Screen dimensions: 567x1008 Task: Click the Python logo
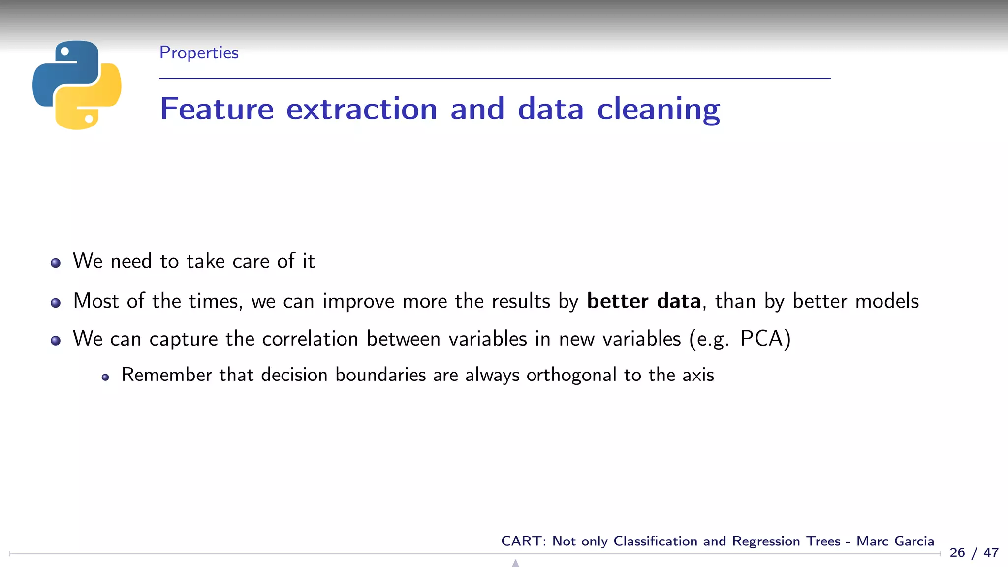(x=77, y=85)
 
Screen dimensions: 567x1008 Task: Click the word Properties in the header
(x=199, y=53)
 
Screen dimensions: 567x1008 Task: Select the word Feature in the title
(x=217, y=109)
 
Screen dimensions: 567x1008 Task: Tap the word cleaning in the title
(x=658, y=109)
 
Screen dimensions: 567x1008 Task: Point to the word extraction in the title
(x=362, y=109)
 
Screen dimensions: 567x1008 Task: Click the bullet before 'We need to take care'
(x=56, y=263)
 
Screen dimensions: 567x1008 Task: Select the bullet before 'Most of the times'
(x=56, y=303)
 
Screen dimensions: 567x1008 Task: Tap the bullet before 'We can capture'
(x=56, y=340)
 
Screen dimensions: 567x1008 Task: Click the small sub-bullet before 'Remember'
(x=105, y=378)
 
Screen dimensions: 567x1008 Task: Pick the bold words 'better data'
(x=644, y=301)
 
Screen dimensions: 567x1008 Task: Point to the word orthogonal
(x=571, y=375)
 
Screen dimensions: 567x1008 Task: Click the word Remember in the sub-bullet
(x=167, y=375)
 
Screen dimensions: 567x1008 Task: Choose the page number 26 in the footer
(x=957, y=553)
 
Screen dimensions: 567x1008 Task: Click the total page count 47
(x=991, y=553)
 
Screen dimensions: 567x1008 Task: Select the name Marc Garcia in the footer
(x=895, y=541)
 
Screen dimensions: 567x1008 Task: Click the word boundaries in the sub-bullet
(x=380, y=375)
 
